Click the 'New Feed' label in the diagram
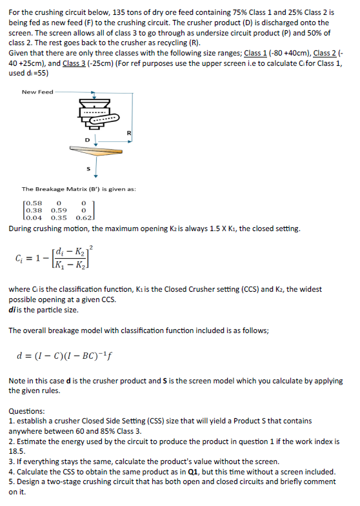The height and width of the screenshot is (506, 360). (x=37, y=92)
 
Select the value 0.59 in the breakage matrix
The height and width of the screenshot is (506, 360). (x=59, y=210)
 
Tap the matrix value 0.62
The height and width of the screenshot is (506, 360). (x=84, y=218)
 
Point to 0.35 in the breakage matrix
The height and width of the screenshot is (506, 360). (x=59, y=218)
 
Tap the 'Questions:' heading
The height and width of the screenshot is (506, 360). (x=27, y=411)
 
